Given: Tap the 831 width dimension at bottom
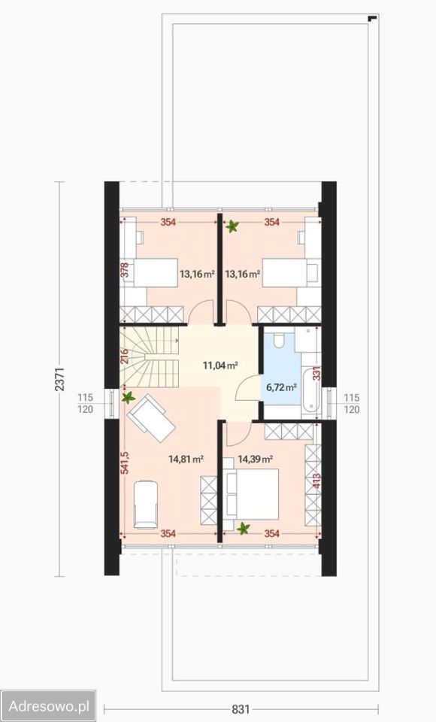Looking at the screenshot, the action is pyautogui.click(x=241, y=708).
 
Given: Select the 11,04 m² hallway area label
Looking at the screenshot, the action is pyautogui.click(x=220, y=366).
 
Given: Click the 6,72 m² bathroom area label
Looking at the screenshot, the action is pyautogui.click(x=281, y=387).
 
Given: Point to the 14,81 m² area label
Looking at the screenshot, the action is pyautogui.click(x=186, y=459).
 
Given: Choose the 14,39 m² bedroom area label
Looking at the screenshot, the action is pyautogui.click(x=255, y=459).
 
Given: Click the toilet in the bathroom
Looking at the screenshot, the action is pyautogui.click(x=280, y=340).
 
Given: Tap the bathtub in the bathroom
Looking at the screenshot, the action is pyautogui.click(x=310, y=386).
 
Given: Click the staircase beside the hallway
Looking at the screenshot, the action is pyautogui.click(x=149, y=356).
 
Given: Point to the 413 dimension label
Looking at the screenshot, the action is pyautogui.click(x=316, y=481).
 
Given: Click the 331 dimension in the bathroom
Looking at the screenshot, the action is pyautogui.click(x=316, y=373).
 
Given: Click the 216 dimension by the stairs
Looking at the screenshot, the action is pyautogui.click(x=124, y=357).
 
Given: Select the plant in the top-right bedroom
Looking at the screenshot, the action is pyautogui.click(x=232, y=226).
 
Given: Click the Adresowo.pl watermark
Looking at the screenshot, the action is pyautogui.click(x=48, y=705).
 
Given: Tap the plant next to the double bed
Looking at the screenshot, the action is pyautogui.click(x=243, y=528).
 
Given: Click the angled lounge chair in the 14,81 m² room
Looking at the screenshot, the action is pyautogui.click(x=151, y=418).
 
